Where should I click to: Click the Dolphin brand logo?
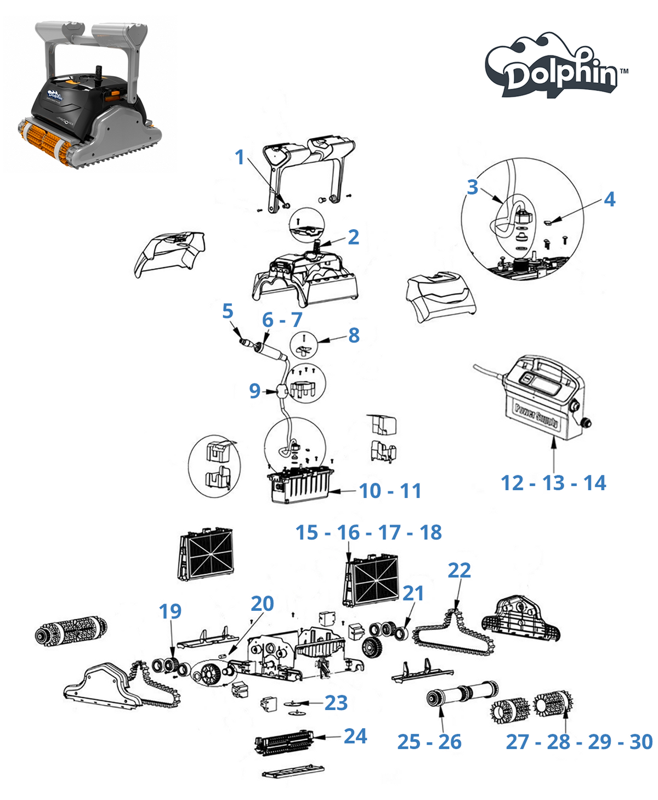pos(557,66)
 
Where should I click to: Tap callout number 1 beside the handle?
pos(239,157)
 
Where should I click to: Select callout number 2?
pos(354,237)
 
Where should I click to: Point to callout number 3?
pos(472,187)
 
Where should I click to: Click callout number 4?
pos(609,199)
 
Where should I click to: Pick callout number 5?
pos(228,311)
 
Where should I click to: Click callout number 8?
pos(354,335)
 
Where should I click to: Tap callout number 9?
pos(254,391)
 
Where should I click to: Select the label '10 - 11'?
pos(390,491)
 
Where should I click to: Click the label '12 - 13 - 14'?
pos(553,483)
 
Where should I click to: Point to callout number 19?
pos(170,611)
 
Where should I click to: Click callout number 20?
pos(262,604)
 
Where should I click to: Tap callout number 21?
pos(413,593)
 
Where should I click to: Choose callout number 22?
pos(460,570)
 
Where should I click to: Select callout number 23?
pos(336,703)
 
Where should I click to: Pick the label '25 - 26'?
pos(429,741)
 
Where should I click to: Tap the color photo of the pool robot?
pos(89,95)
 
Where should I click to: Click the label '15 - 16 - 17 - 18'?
pos(368,532)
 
